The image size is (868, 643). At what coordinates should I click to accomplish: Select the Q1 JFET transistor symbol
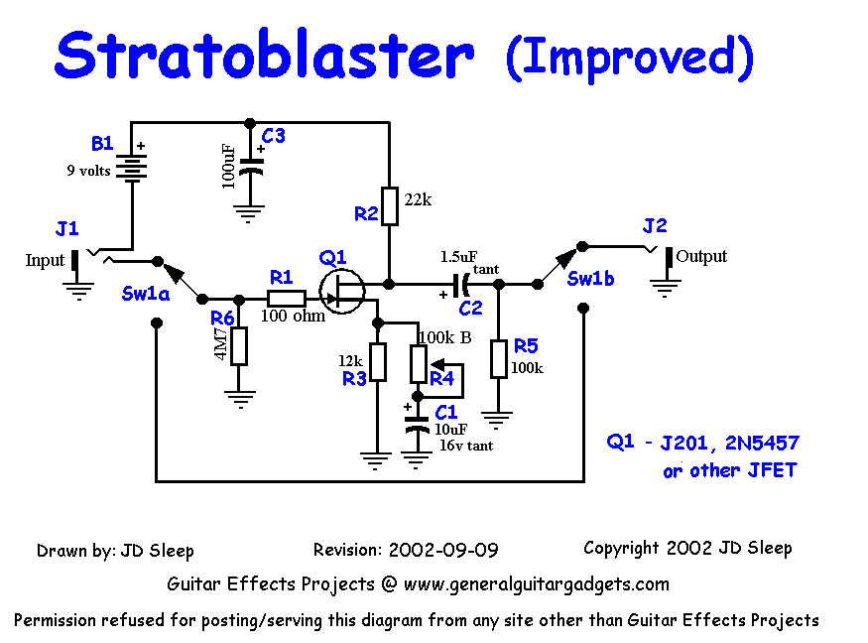[342, 290]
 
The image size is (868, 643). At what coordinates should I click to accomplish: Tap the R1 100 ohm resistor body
[287, 299]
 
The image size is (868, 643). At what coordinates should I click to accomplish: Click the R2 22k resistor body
[390, 206]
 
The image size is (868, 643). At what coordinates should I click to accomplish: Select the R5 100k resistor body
[499, 358]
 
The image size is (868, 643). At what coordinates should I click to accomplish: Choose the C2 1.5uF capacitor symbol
[460, 285]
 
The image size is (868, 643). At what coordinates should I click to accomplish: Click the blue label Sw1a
[145, 295]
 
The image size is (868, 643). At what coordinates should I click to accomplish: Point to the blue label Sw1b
[591, 279]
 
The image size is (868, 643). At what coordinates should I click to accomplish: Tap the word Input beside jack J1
[45, 261]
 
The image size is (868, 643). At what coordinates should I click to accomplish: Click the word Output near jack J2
[701, 256]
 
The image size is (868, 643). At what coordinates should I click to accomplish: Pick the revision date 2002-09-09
[443, 550]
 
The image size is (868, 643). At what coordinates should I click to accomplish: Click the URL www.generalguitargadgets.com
[537, 584]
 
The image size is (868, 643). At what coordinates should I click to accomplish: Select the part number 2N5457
[759, 443]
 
